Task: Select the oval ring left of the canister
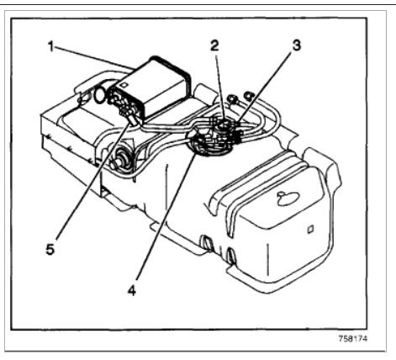pyautogui.click(x=100, y=94)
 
